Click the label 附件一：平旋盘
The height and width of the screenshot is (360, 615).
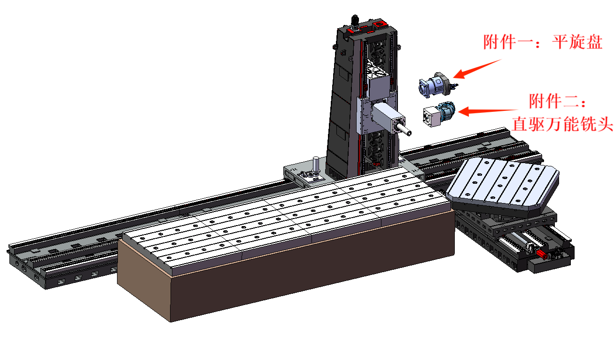click(543, 42)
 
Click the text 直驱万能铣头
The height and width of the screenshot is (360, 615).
click(562, 124)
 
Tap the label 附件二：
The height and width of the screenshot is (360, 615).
click(558, 101)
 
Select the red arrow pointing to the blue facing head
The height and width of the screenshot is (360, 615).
click(477, 69)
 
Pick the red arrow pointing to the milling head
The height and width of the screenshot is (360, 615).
click(488, 111)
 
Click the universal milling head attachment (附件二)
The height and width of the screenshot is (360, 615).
click(438, 114)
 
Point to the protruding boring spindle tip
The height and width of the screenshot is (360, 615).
click(409, 133)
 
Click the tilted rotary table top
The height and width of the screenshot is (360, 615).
click(502, 183)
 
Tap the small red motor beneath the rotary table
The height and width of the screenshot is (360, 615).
click(541, 254)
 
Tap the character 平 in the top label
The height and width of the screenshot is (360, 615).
click(561, 42)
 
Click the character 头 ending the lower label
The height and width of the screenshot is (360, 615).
click(605, 124)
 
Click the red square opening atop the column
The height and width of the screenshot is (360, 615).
click(380, 25)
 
